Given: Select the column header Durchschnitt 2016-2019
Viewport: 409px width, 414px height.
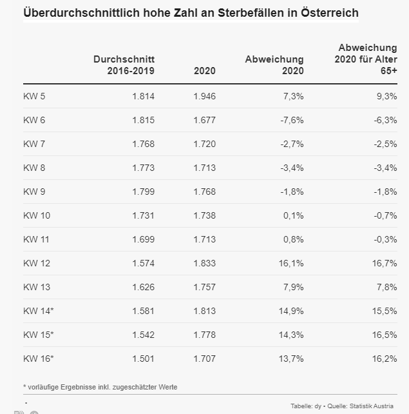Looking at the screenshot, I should point(124,65).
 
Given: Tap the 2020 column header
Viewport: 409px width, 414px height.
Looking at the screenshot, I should point(204,71).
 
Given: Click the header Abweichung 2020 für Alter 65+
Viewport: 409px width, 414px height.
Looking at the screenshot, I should point(366,59).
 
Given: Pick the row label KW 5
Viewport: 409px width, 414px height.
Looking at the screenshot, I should point(34,96).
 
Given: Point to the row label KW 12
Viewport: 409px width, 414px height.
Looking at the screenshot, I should point(37,263).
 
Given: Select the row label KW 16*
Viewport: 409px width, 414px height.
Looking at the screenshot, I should point(39,359).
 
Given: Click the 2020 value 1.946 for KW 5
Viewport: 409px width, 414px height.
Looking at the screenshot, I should point(204,96).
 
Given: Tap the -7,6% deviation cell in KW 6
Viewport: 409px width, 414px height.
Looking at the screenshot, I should point(290,120).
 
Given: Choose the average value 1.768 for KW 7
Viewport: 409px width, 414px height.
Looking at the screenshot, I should point(143,144).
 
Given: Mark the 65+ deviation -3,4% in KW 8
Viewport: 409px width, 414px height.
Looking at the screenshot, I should point(384,168).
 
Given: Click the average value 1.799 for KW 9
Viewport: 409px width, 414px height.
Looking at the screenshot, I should point(143,192).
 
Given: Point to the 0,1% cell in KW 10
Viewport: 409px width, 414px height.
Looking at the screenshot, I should point(293,215).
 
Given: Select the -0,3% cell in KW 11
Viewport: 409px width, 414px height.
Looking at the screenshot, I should point(384,239).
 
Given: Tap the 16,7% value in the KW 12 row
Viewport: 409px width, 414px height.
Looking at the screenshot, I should point(384,263).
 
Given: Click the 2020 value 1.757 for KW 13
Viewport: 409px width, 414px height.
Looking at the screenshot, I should point(204,287).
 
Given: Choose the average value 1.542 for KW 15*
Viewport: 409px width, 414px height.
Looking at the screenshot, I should point(143,335).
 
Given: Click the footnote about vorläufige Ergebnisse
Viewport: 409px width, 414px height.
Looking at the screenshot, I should point(100,386).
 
